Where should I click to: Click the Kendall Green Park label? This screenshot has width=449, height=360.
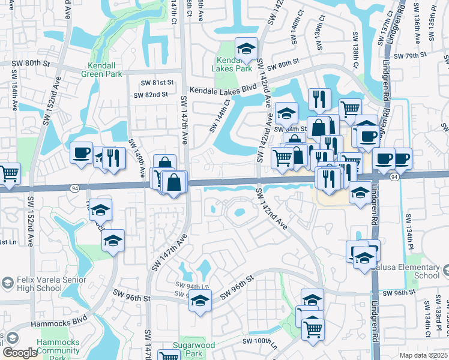104,69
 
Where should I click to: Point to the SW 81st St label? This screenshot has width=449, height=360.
157,83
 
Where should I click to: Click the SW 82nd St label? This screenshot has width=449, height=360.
151,95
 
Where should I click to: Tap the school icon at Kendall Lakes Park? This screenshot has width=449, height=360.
246,49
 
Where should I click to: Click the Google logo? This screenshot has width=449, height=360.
20,353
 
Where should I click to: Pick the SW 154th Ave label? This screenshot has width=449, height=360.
13,91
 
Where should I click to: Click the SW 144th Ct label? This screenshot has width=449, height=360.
220,116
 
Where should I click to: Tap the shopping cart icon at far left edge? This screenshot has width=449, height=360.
9,174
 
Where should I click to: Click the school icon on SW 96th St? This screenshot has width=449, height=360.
200,301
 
